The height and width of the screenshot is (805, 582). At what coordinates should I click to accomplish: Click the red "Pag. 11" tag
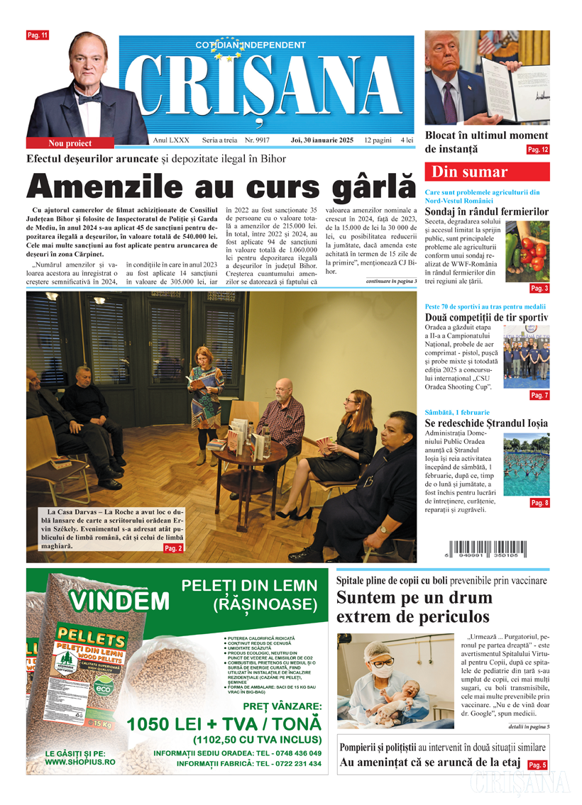[x=38, y=35]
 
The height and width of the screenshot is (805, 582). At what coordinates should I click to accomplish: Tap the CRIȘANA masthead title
[x=267, y=83]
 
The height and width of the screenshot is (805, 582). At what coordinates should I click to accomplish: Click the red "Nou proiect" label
[x=70, y=143]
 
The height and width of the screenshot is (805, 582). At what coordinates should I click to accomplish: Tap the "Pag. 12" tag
[x=537, y=150]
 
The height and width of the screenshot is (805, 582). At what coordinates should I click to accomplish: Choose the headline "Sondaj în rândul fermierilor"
[x=486, y=211]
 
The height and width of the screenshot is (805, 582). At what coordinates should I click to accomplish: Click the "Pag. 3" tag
[x=539, y=289]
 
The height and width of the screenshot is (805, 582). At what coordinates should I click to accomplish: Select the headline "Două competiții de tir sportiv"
[x=486, y=317]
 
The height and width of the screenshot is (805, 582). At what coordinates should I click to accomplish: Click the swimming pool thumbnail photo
[x=526, y=465]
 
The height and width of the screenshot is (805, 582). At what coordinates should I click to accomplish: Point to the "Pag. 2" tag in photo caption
[x=173, y=548]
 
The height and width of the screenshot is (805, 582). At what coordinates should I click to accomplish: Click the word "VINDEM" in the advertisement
[x=119, y=601]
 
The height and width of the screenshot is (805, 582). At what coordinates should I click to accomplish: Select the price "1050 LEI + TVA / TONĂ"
[x=224, y=724]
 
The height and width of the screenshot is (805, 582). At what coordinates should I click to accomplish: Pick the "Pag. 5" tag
[x=537, y=765]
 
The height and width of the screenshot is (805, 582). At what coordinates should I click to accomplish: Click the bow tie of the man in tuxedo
[x=89, y=99]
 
